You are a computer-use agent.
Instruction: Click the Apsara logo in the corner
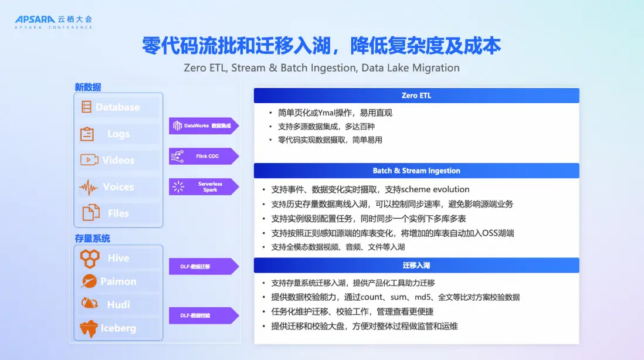(x=53, y=22)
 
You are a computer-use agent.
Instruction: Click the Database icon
(x=86, y=107)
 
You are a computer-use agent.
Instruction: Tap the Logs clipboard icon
(x=87, y=134)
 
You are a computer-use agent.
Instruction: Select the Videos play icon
(x=89, y=159)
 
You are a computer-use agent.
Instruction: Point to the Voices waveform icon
(x=89, y=188)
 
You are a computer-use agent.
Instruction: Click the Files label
(x=118, y=213)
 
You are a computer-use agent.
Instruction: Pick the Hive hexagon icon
(x=90, y=259)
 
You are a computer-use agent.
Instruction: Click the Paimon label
(x=118, y=281)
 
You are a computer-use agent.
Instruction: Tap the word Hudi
(x=118, y=304)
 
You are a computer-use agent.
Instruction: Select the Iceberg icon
(x=89, y=328)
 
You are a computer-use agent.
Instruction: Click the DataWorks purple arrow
(x=204, y=125)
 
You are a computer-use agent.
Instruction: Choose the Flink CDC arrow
(x=204, y=157)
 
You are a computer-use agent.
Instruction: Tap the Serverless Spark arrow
(x=204, y=187)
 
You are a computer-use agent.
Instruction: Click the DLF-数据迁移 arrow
(x=204, y=266)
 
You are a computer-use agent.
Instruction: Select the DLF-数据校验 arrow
(x=204, y=315)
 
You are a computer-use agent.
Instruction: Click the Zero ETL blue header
(x=416, y=95)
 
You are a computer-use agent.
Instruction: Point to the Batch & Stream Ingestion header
(x=416, y=171)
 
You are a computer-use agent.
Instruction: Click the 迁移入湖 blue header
(x=416, y=265)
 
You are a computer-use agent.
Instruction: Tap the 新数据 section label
(x=88, y=87)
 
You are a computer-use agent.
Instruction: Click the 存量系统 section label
(x=93, y=239)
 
